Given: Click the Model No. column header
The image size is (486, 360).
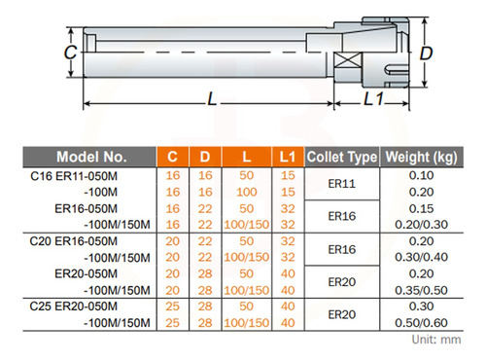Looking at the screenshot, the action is (x=91, y=157).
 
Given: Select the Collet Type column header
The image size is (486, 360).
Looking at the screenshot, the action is (x=342, y=157).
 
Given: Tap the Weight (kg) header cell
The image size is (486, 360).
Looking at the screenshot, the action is (x=421, y=157).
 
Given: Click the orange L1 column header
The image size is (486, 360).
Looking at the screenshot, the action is (x=288, y=157).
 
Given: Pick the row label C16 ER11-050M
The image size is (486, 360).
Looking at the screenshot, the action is (x=74, y=176).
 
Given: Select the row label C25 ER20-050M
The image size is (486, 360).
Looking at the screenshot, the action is (x=74, y=306).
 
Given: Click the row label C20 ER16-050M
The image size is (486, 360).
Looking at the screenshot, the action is (x=74, y=241).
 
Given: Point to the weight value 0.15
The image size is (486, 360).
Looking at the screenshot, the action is (x=421, y=208).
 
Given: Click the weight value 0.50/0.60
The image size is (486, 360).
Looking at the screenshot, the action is (x=421, y=323).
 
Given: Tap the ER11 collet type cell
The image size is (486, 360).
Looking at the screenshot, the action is (x=342, y=184).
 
